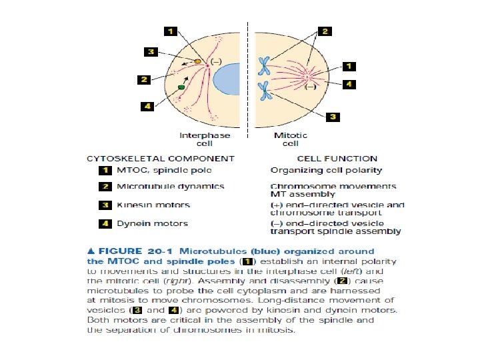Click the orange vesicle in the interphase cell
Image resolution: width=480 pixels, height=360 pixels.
tap(197, 61)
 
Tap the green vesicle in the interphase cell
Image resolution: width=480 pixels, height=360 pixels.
tap(181, 87)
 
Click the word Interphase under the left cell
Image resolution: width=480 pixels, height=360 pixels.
tap(205, 135)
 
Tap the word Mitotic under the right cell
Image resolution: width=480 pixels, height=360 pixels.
tap(291, 135)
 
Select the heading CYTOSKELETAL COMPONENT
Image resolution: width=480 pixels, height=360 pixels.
tap(161, 159)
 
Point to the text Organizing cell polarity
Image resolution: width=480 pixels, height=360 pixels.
tap(317, 170)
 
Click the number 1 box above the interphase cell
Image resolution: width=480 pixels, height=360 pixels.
tap(171, 31)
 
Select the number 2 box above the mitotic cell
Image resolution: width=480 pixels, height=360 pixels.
tap(324, 31)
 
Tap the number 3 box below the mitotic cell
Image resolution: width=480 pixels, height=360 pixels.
tap(333, 117)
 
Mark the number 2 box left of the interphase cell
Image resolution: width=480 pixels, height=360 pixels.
tap(143, 79)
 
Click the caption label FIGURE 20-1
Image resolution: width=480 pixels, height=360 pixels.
tap(131, 252)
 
